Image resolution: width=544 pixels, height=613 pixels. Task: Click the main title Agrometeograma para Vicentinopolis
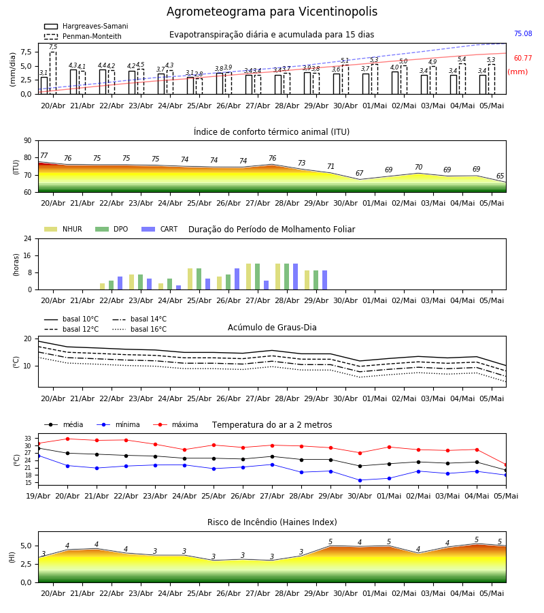pos(271,12)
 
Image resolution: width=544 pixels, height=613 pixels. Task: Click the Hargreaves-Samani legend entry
pos(86,26)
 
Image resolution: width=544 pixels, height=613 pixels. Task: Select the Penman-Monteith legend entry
pos(83,36)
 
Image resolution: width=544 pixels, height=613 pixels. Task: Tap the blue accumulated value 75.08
pos(523,33)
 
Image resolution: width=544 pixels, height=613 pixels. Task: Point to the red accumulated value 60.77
pos(523,59)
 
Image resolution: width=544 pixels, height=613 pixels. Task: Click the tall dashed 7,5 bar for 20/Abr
pos(53,73)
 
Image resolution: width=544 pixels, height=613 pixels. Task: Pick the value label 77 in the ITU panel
pos(44,155)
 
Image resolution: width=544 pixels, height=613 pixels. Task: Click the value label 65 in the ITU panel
pos(500,176)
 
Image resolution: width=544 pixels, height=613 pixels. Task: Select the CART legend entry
pos(160,229)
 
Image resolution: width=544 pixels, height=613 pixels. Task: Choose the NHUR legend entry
pos(63,229)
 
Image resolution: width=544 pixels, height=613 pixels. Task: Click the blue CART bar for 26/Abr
pos(237,279)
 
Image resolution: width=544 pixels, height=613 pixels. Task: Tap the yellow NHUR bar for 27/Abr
pos(249,277)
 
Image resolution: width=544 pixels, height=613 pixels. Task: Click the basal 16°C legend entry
pos(139,329)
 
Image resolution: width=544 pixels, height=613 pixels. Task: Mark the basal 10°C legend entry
pos(71,319)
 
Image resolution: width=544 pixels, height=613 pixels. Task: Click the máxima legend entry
pos(175,424)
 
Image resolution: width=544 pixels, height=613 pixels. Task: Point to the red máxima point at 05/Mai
pos(506,465)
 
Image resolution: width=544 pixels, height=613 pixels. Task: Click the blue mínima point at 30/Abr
pos(360,480)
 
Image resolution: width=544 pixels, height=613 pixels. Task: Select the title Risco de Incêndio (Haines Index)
pos(272,522)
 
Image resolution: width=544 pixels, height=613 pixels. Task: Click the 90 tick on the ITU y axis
pos(28,141)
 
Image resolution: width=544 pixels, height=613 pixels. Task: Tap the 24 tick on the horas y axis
pos(28,239)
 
